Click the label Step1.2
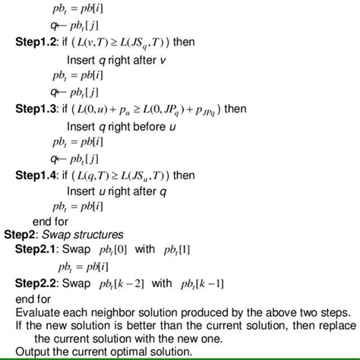click(39, 41)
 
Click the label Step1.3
click(39, 109)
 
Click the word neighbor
click(120, 313)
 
